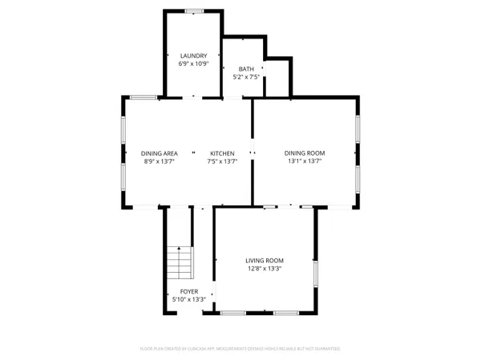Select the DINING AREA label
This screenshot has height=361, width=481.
(x=159, y=153)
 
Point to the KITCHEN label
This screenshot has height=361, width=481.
(x=222, y=153)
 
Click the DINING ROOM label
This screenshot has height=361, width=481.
(x=305, y=153)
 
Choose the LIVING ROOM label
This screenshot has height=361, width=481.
(x=265, y=261)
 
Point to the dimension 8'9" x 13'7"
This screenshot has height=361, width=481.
(x=159, y=161)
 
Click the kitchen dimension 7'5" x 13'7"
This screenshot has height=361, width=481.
(x=222, y=161)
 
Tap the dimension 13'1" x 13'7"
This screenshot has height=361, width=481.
(x=305, y=161)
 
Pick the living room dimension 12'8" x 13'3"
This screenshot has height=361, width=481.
(x=265, y=269)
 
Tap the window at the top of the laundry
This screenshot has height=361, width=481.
(x=193, y=10)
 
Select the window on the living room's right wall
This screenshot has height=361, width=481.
(x=315, y=273)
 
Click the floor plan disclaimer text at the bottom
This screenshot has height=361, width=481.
(x=240, y=349)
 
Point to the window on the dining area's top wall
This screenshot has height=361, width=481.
(x=143, y=98)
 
